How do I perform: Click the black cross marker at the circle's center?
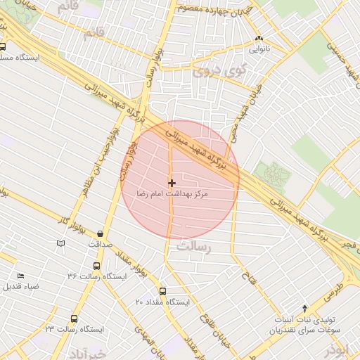172,183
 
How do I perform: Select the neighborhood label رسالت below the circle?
195,247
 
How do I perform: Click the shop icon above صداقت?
100,233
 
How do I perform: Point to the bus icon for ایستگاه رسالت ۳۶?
96,266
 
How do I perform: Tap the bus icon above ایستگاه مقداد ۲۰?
163,290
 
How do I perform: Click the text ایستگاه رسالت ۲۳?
75,329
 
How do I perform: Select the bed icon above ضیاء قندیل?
20,276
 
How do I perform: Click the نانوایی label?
259,50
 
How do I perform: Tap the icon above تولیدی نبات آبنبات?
304,308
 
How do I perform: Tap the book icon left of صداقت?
60,243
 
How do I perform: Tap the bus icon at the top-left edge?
4,49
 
